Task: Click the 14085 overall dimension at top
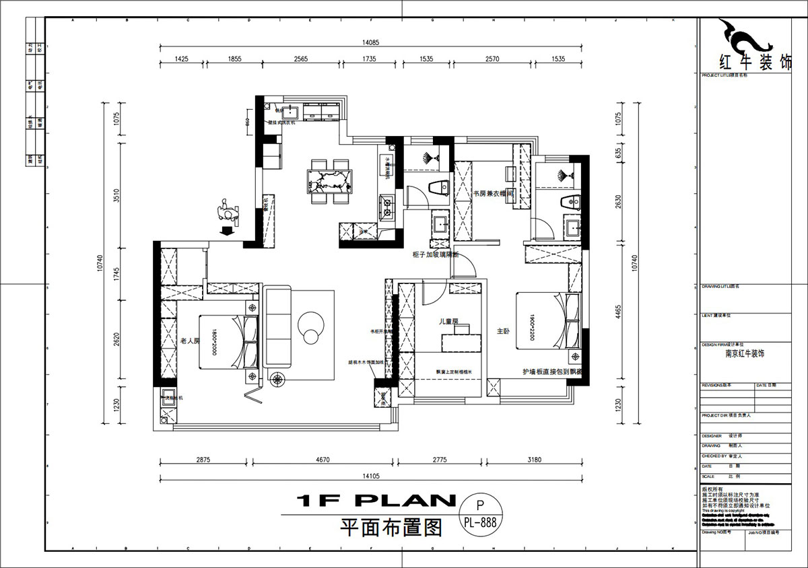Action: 371,42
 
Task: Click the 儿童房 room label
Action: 448,322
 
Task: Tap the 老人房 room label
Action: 189,341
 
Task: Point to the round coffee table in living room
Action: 311,325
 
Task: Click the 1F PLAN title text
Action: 376,501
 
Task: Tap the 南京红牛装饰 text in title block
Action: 744,353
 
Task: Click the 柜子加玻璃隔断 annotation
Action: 434,255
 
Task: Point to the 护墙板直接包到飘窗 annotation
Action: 551,371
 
